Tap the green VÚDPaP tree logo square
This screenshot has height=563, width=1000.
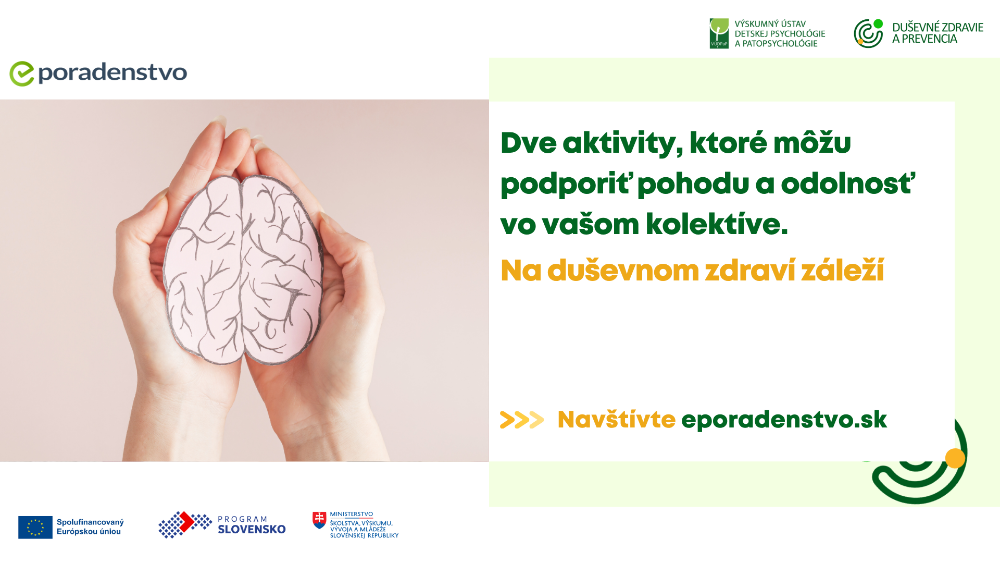(x=719, y=33)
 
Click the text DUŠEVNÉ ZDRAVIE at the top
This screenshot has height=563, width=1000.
(x=938, y=27)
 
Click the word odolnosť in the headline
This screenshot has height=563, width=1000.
(x=848, y=183)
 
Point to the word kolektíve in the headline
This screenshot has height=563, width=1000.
(x=717, y=224)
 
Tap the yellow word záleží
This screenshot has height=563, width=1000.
(x=842, y=271)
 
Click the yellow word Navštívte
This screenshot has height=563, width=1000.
(x=616, y=420)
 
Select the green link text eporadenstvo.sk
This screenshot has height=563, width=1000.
(x=784, y=420)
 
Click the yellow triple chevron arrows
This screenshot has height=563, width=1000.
(x=521, y=420)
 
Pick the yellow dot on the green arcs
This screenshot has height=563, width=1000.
(x=955, y=458)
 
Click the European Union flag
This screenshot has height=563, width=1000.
(x=35, y=527)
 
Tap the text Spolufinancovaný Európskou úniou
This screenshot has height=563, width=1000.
(x=90, y=527)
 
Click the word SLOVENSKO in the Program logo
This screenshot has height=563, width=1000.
(x=252, y=530)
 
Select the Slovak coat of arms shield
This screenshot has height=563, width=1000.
(x=319, y=520)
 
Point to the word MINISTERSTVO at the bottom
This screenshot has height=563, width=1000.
(x=352, y=514)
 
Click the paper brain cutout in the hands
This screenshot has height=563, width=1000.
(x=243, y=269)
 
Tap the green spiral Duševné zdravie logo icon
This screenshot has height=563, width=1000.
(x=868, y=33)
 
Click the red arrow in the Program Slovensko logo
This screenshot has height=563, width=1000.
(x=186, y=522)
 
